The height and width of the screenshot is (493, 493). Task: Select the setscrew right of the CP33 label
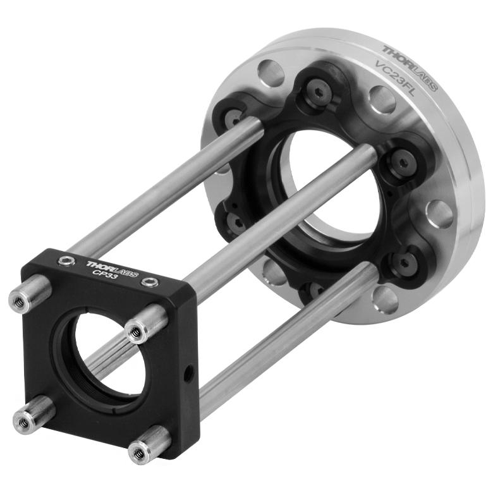(x=149, y=283)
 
